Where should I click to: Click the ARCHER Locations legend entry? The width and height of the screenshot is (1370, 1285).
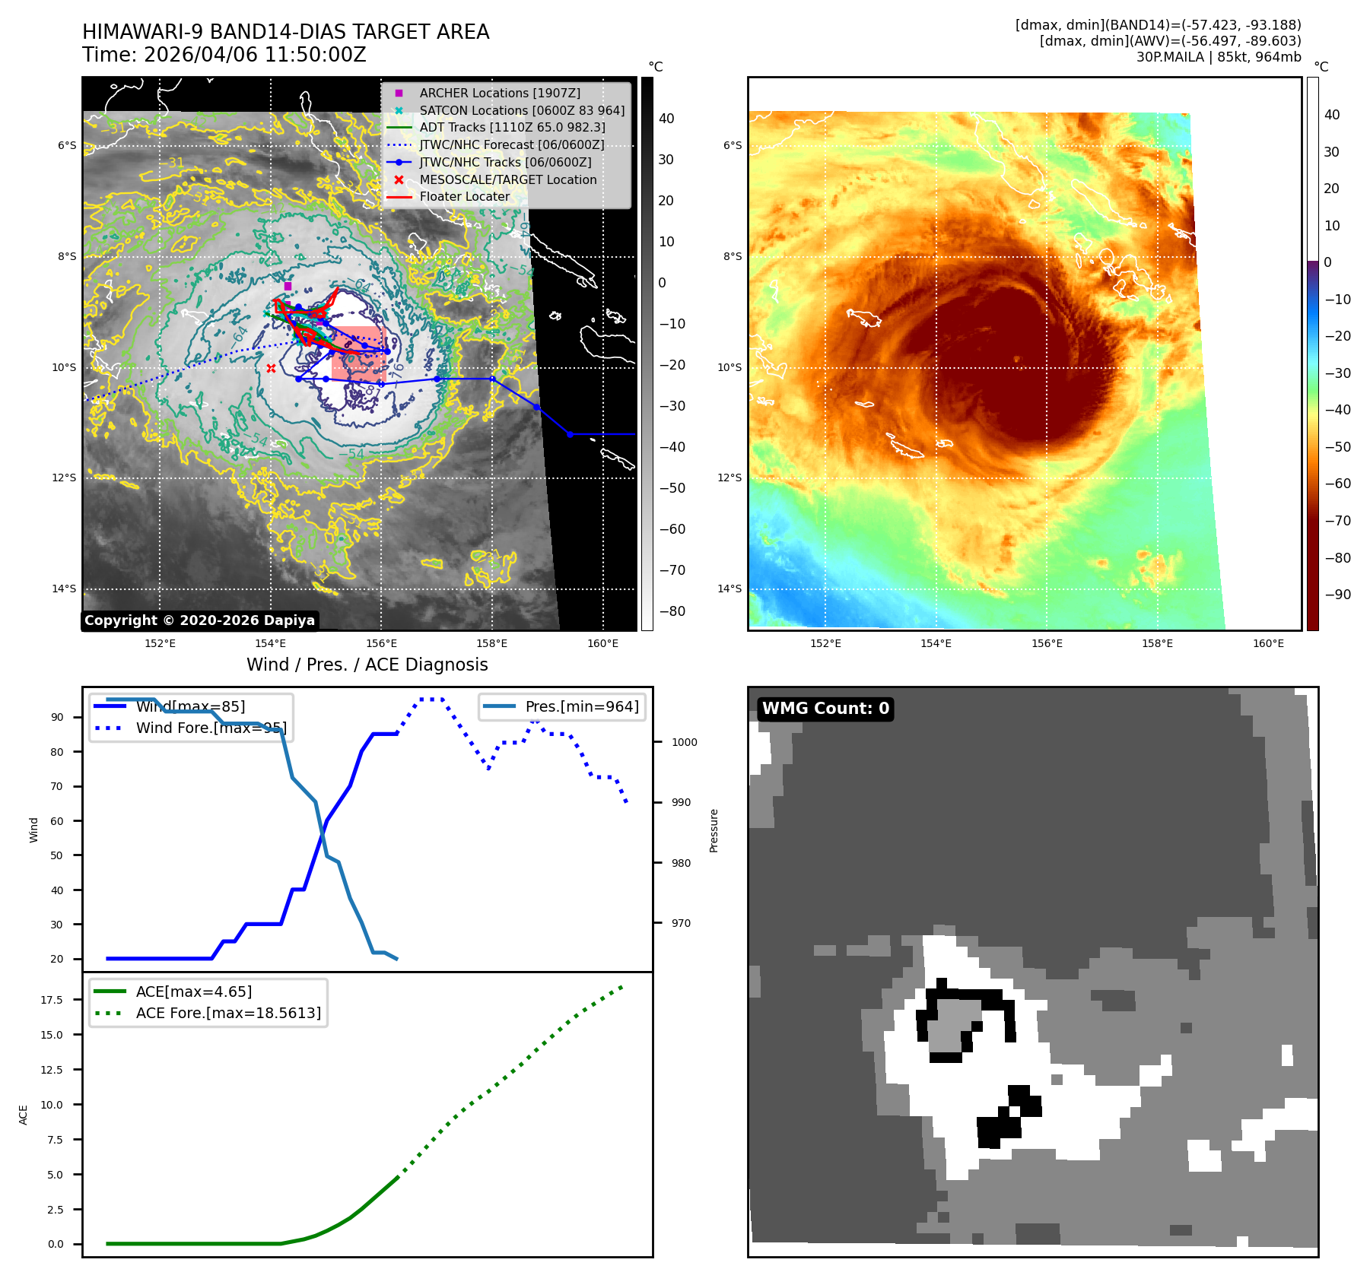click(499, 93)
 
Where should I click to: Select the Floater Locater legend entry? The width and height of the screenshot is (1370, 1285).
click(464, 196)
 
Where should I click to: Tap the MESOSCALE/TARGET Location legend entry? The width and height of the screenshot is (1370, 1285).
click(507, 179)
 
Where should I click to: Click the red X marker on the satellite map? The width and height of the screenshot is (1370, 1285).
click(272, 369)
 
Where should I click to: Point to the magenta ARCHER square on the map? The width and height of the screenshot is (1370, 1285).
click(288, 286)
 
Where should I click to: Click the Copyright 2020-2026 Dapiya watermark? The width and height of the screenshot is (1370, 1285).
click(199, 620)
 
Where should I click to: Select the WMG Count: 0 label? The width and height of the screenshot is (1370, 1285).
click(825, 709)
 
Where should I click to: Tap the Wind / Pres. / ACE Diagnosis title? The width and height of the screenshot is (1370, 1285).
click(367, 665)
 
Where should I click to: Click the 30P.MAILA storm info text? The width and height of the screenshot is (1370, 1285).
click(1218, 57)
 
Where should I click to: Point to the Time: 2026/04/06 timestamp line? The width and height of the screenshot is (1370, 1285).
click(224, 55)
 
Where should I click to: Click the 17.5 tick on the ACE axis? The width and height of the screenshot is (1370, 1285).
click(52, 1000)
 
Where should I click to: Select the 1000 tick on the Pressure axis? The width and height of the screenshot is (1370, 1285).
click(684, 742)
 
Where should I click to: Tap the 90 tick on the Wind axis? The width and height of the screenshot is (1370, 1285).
click(57, 717)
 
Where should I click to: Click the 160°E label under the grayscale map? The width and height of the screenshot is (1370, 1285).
click(602, 643)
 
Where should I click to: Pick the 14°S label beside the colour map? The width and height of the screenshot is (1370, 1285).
click(730, 589)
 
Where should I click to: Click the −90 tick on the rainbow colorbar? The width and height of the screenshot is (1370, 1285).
click(1337, 595)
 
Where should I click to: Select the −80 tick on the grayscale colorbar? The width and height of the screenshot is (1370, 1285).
click(672, 611)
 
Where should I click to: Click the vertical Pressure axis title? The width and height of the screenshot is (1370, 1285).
click(714, 830)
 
